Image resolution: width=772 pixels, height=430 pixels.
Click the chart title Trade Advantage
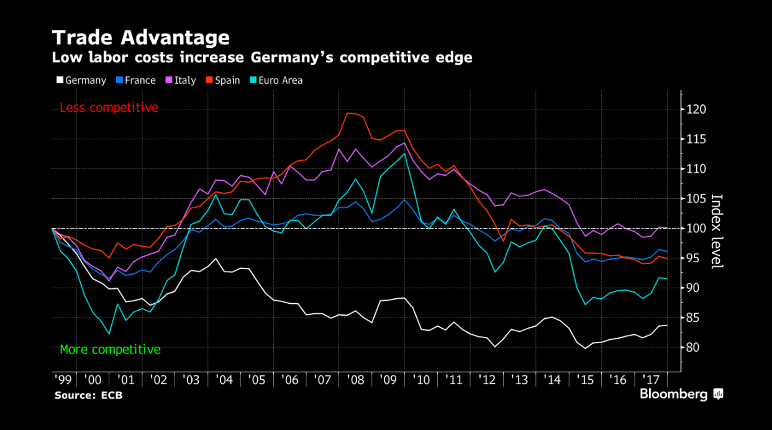click(140, 37)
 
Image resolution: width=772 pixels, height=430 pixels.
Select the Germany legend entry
click(81, 80)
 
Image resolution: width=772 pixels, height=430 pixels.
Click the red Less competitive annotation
click(109, 107)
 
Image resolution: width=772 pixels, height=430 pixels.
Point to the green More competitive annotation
click(110, 349)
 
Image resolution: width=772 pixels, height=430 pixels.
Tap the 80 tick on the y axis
click(696, 347)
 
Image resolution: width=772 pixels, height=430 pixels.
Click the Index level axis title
click(716, 231)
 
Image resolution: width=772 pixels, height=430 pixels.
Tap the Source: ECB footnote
click(88, 395)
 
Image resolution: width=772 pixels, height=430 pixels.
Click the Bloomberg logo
click(681, 394)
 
